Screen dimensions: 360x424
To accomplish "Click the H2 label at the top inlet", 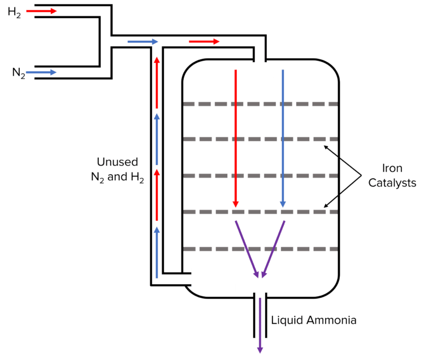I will pyautogui.click(x=14, y=12).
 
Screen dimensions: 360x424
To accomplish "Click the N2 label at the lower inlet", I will pyautogui.click(x=19, y=73).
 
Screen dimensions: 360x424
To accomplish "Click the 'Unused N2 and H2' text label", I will pyautogui.click(x=118, y=170).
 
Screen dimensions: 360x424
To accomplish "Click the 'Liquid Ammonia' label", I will pyautogui.click(x=313, y=320).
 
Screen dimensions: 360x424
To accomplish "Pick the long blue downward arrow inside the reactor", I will pyautogui.click(x=283, y=138).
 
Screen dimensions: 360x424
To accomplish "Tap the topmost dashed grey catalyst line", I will pyautogui.click(x=260, y=104).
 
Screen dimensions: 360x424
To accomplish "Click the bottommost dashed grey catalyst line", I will pyautogui.click(x=260, y=249).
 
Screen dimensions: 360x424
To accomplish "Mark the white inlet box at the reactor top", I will pyautogui.click(x=260, y=69).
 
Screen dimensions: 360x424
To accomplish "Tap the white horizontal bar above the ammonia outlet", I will pyautogui.click(x=260, y=288).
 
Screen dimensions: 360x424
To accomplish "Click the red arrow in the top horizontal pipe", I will pyautogui.click(x=204, y=41).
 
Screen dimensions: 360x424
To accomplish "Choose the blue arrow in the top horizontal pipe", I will pyautogui.click(x=142, y=41).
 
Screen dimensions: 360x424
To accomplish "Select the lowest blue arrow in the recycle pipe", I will pyautogui.click(x=157, y=251).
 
